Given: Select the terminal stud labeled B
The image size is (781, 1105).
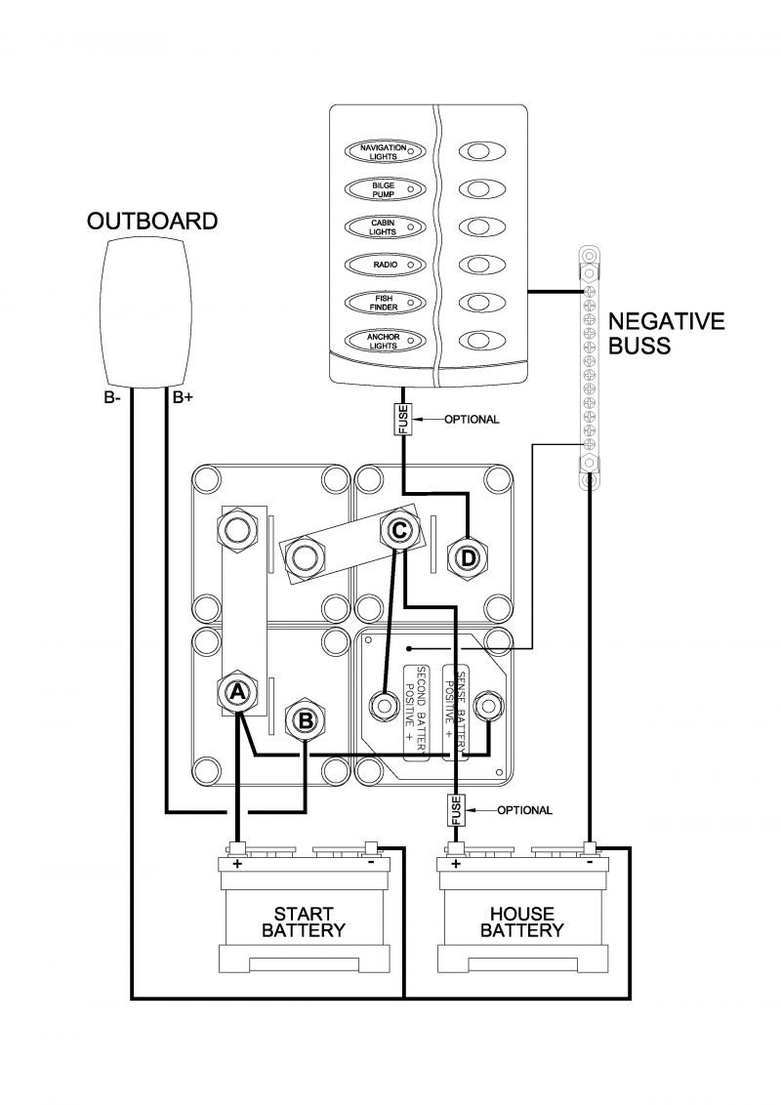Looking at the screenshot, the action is point(306,720).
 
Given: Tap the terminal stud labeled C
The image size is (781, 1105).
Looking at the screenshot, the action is point(399,530).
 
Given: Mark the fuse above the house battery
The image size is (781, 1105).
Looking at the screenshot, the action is point(456,810).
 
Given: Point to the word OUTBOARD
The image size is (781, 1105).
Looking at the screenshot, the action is point(152,222).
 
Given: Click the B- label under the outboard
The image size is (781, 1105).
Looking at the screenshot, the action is point(113,398).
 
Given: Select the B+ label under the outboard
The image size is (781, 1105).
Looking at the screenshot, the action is point(183,398).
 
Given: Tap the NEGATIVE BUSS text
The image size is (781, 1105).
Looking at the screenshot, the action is point(666,333).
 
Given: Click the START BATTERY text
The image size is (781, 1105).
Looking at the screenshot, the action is point(303,921).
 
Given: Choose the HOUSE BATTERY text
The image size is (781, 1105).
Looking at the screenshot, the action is point(522,921).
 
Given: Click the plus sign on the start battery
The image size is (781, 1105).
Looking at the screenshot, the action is point(237,863).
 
